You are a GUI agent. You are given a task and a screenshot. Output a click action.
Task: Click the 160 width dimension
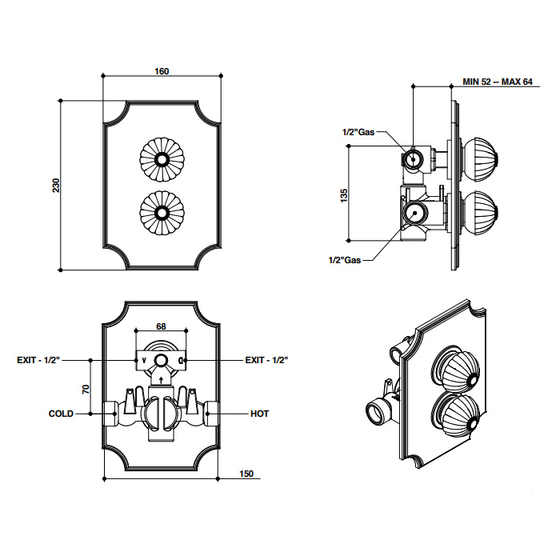click(162, 71)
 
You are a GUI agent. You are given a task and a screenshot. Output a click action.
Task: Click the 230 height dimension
click(56, 185)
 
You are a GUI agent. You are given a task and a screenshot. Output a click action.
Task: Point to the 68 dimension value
click(160, 326)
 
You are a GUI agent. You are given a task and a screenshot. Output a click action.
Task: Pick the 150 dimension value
click(246, 474)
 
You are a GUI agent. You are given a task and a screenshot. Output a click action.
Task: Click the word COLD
click(61, 414)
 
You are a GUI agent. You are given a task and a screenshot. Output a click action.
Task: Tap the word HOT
click(260, 414)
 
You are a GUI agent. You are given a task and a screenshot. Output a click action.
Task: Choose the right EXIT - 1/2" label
click(266, 361)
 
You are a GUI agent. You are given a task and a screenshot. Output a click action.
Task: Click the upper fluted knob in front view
click(162, 159)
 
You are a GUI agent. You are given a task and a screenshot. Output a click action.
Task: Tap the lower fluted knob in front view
click(162, 212)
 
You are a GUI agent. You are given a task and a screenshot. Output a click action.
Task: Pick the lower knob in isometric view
click(454, 416)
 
